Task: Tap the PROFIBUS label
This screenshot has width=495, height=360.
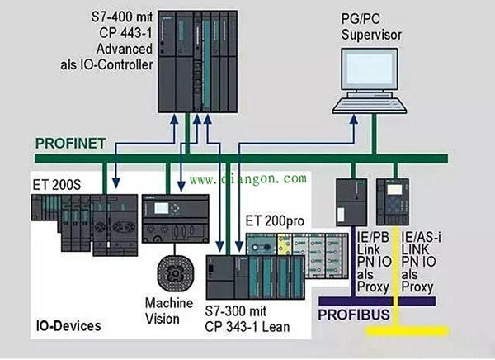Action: coord(352,314)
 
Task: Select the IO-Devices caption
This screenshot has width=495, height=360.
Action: coord(68,325)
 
